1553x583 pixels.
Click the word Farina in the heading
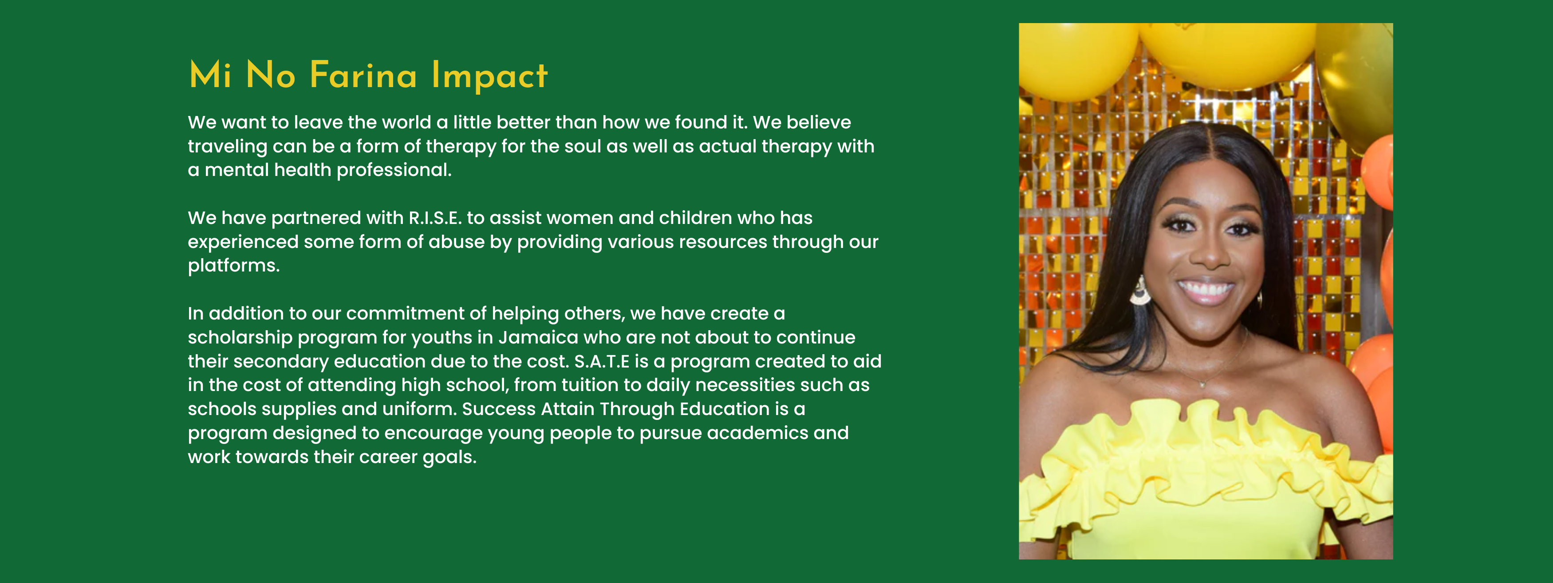363,76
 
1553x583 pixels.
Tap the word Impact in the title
489,76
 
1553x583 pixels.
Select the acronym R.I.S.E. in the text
435,217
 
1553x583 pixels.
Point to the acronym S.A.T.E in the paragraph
602,361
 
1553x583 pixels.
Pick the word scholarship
240,337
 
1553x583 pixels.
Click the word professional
394,170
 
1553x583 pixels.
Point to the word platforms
234,266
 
